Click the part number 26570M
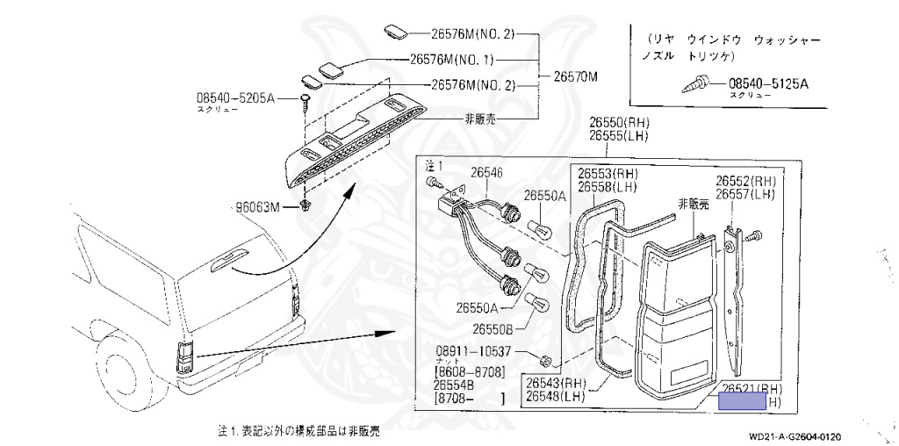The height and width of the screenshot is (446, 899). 575,76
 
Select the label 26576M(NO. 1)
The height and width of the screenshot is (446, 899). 452,61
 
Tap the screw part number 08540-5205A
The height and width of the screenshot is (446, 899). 235,98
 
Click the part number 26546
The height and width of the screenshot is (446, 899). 486,174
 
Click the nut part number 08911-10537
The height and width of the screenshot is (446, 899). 475,350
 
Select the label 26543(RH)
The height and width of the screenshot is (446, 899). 556,383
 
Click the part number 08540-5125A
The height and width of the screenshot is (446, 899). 768,84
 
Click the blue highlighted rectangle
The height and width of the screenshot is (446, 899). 743,403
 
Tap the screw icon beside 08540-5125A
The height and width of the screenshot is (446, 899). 700,85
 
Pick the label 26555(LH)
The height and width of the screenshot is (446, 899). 618,137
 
